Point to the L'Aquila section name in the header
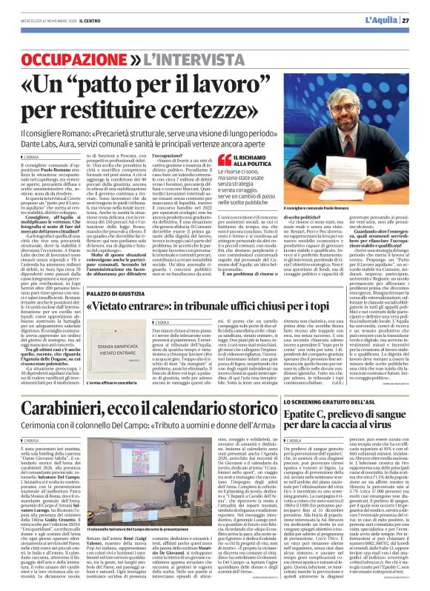tap(381, 19)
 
